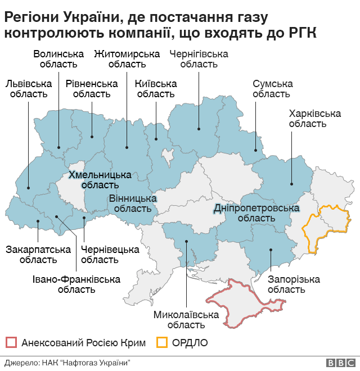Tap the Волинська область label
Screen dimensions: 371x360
click(x=58, y=59)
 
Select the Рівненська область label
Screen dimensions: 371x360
click(x=92, y=89)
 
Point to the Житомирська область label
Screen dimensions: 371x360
click(x=127, y=59)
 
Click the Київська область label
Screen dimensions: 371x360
click(x=156, y=89)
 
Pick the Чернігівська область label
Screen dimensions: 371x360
click(x=199, y=59)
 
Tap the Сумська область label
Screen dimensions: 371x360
click(x=272, y=89)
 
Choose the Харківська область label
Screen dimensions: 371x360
click(x=314, y=119)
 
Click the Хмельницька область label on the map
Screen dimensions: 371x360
click(x=100, y=179)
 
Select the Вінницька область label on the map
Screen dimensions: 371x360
click(x=132, y=203)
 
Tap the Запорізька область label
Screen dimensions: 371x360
click(x=286, y=284)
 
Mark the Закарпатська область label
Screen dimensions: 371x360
click(x=38, y=255)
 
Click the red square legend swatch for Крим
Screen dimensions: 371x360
click(x=11, y=342)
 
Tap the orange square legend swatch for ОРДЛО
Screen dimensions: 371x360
click(x=163, y=342)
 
